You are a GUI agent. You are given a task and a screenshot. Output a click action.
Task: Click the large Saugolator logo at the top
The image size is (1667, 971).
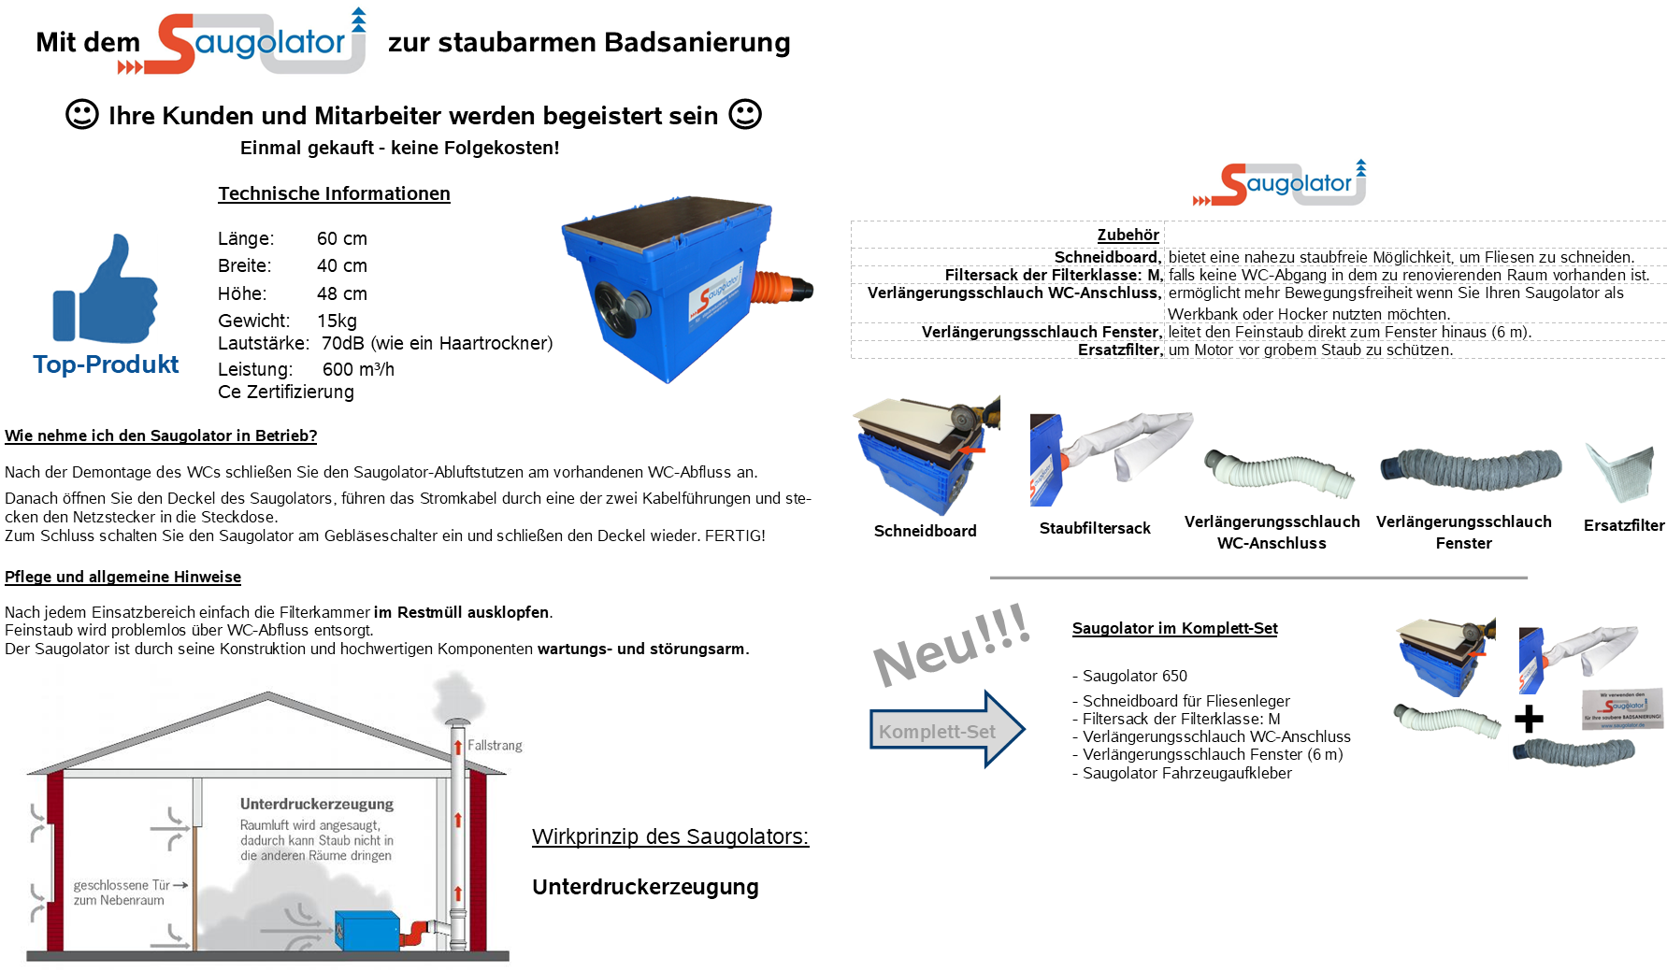241,44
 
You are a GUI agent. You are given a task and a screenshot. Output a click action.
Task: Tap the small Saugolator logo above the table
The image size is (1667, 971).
1278,185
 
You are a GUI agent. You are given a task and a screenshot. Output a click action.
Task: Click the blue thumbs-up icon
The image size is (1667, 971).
105,289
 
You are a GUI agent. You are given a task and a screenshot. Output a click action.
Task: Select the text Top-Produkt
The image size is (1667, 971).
106,364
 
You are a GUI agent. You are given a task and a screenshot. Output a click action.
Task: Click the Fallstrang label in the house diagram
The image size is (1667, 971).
495,745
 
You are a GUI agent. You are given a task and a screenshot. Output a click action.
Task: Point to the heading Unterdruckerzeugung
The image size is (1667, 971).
317,804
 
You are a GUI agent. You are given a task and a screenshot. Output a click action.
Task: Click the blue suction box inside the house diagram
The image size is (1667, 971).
367,931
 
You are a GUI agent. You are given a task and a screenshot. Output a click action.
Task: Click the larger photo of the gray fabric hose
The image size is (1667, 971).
1470,468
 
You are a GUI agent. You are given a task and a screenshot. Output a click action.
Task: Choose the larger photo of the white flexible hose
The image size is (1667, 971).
1278,472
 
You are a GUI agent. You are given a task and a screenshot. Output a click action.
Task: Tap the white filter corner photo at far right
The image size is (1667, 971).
1617,474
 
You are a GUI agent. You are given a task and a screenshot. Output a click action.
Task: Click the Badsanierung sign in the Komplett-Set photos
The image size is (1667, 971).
1623,709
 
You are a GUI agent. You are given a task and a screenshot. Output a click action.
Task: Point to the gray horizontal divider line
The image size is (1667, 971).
1258,578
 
